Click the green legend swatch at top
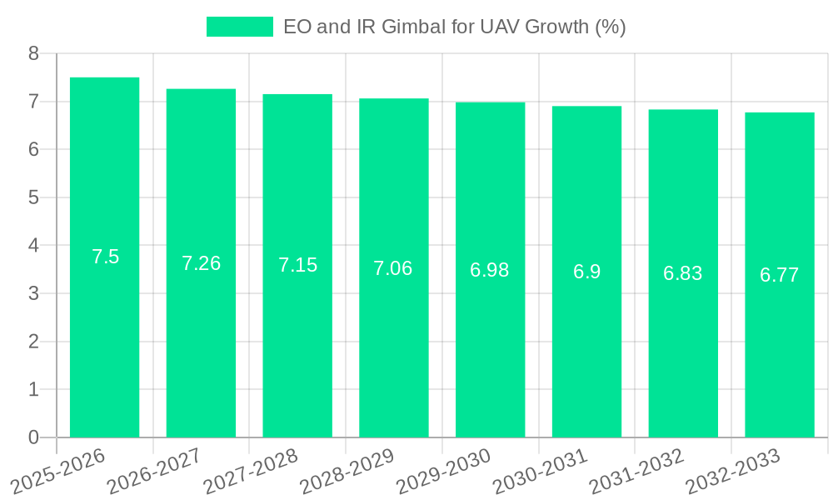coord(239,27)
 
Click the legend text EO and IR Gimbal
coord(454,27)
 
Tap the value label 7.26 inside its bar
coord(201,263)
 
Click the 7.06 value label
coord(393,268)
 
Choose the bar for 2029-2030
coord(490,350)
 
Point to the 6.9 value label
coord(586,272)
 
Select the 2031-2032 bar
coord(683,350)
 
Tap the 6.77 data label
coord(780,275)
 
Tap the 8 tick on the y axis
coord(33,53)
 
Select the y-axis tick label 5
coord(33,197)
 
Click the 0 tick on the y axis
coord(33,437)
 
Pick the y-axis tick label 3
coord(33,293)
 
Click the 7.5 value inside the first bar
coord(105,257)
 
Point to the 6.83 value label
coord(683,273)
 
